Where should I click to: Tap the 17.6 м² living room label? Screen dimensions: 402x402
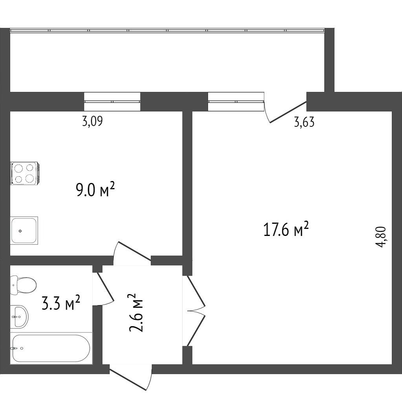click(x=286, y=229)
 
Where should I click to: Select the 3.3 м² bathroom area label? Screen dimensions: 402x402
click(x=61, y=303)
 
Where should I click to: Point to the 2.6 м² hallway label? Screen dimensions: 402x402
click(x=136, y=313)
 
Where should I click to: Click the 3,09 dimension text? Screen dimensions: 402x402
click(x=92, y=121)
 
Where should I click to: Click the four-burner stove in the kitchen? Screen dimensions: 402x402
click(x=25, y=173)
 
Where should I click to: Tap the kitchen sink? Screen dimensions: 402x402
click(x=24, y=230)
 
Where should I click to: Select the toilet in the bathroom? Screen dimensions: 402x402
click(x=23, y=285)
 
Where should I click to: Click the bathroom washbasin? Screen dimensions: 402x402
click(x=19, y=317)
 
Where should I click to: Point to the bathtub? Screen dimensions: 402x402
click(x=51, y=348)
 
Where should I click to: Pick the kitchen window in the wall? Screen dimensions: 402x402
click(x=112, y=101)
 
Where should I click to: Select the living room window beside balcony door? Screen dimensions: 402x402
click(x=236, y=101)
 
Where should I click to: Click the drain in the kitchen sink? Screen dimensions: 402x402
click(x=20, y=231)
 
